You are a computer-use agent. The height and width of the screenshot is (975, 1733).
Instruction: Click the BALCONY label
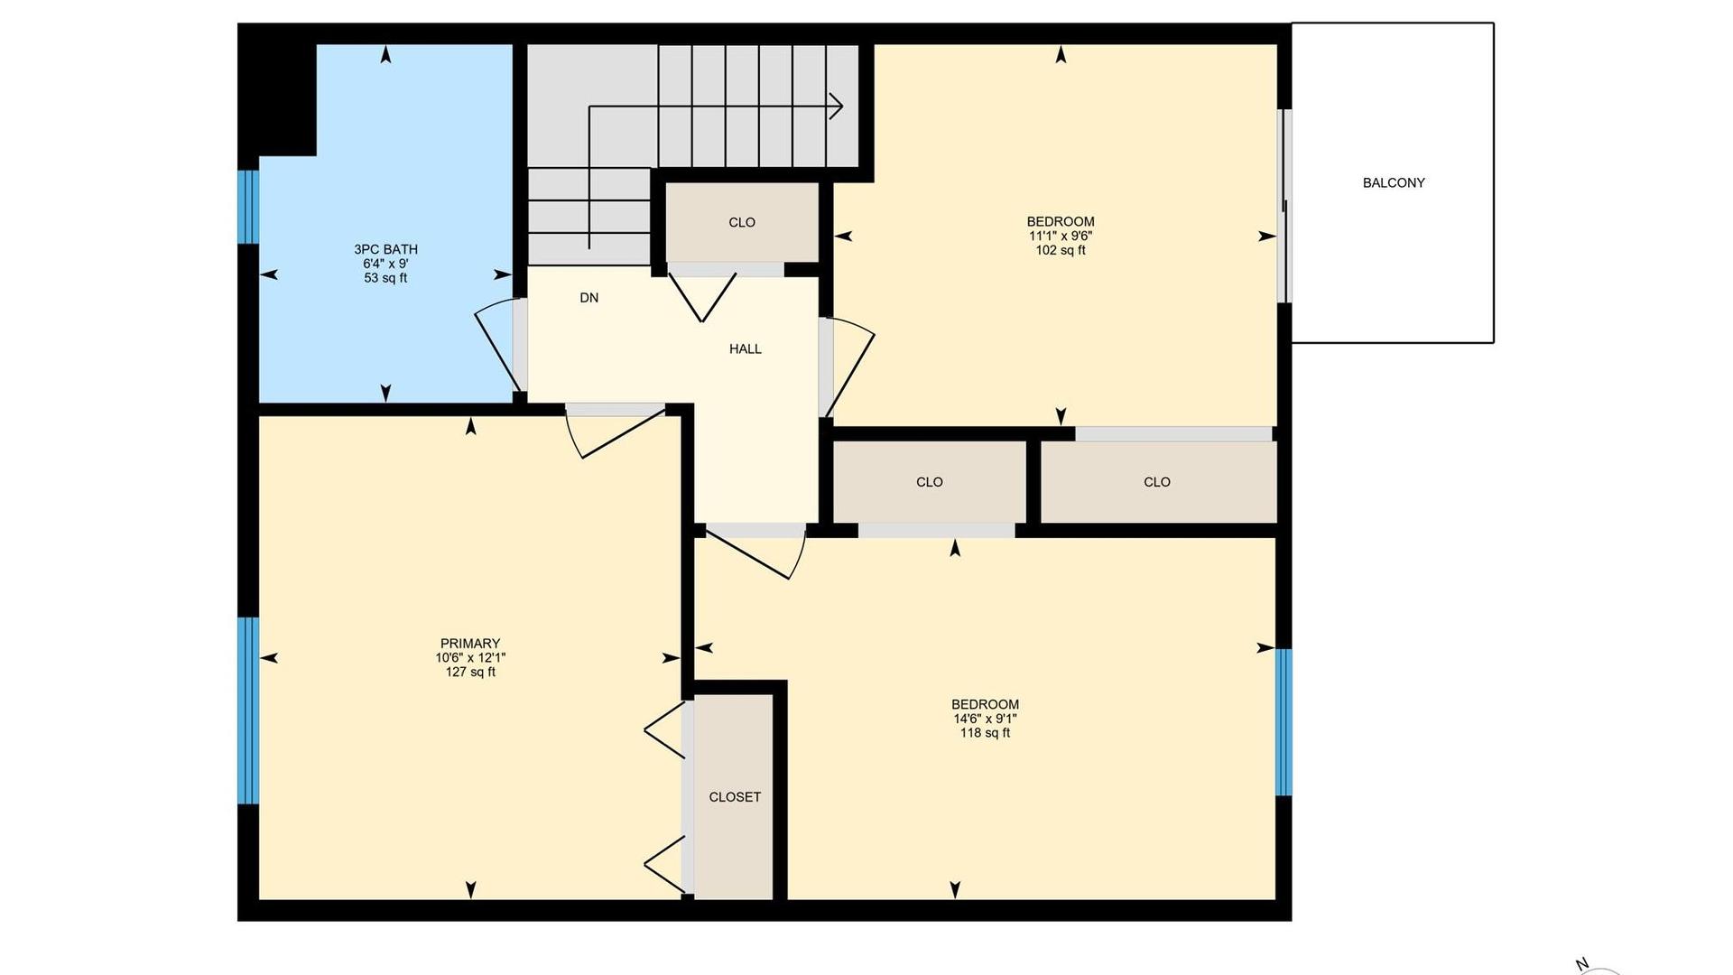pos(1394,182)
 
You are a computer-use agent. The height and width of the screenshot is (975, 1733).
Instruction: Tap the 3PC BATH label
pos(385,249)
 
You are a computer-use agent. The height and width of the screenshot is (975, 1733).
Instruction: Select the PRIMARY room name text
pos(470,644)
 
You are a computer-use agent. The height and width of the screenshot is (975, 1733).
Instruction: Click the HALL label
pos(746,348)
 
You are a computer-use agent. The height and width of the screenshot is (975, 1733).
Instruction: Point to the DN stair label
pos(589,298)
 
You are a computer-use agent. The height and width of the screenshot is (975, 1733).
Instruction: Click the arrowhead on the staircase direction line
pos(837,107)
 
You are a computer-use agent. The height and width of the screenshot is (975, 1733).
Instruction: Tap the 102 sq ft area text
pos(1061,250)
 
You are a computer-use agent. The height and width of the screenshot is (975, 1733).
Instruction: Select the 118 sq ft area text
pos(985,733)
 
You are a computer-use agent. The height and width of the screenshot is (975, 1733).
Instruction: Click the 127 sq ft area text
pos(470,672)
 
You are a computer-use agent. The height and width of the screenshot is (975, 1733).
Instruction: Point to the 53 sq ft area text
pos(385,278)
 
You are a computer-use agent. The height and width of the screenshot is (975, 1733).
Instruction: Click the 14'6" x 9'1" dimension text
pos(985,719)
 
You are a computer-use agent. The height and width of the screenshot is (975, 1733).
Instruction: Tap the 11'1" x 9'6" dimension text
pos(1061,236)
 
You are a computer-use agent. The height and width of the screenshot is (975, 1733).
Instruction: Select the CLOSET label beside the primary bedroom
pos(735,797)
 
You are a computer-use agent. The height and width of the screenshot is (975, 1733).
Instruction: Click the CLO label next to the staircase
pos(742,222)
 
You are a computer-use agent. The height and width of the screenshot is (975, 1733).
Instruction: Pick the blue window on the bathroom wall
pos(248,207)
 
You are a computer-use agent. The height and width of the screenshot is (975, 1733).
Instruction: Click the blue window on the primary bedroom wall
pos(248,710)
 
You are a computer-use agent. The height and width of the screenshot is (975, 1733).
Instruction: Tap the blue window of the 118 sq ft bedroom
pos(1284,722)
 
